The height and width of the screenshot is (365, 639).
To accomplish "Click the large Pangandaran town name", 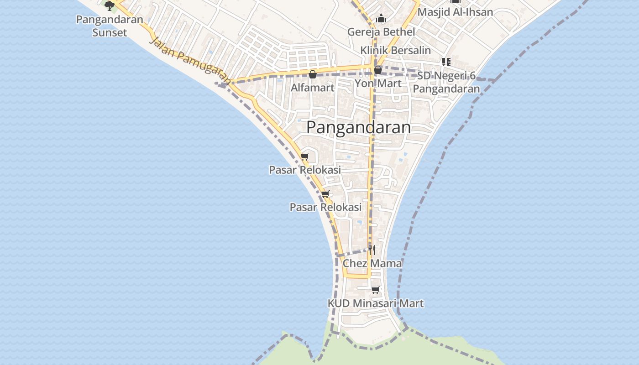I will pos(358,127).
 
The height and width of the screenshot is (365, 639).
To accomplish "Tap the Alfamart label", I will pos(313,88).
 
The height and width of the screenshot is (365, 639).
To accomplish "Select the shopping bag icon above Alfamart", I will pos(313,74).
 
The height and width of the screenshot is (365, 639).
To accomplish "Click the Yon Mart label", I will pos(378,83).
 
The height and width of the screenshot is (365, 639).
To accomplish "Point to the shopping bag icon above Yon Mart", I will pos(378,70).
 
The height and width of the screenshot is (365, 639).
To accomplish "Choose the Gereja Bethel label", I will pos(381,32).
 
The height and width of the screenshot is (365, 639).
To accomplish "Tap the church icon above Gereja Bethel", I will pos(381,19).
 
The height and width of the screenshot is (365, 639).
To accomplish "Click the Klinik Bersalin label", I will pos(395,50).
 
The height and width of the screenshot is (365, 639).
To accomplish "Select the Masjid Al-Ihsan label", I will pos(455,12).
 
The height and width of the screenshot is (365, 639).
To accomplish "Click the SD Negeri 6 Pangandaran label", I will pos(448,82).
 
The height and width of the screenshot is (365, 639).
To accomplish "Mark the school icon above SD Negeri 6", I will pos(446,62).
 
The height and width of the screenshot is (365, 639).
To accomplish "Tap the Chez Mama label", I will pos(372,263).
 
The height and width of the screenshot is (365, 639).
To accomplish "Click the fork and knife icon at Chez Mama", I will pos(372,250).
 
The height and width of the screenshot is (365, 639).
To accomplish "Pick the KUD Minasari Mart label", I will pos(375,303).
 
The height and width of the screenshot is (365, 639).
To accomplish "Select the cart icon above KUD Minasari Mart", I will pos(375,290).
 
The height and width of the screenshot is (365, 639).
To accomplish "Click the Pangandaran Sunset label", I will pos(110,26).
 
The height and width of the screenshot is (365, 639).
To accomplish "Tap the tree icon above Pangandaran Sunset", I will pos(110,5).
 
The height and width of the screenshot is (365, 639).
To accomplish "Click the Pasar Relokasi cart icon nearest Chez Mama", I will pos(325,194).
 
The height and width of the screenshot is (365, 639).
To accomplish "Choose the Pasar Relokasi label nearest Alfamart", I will pos(304,170).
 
